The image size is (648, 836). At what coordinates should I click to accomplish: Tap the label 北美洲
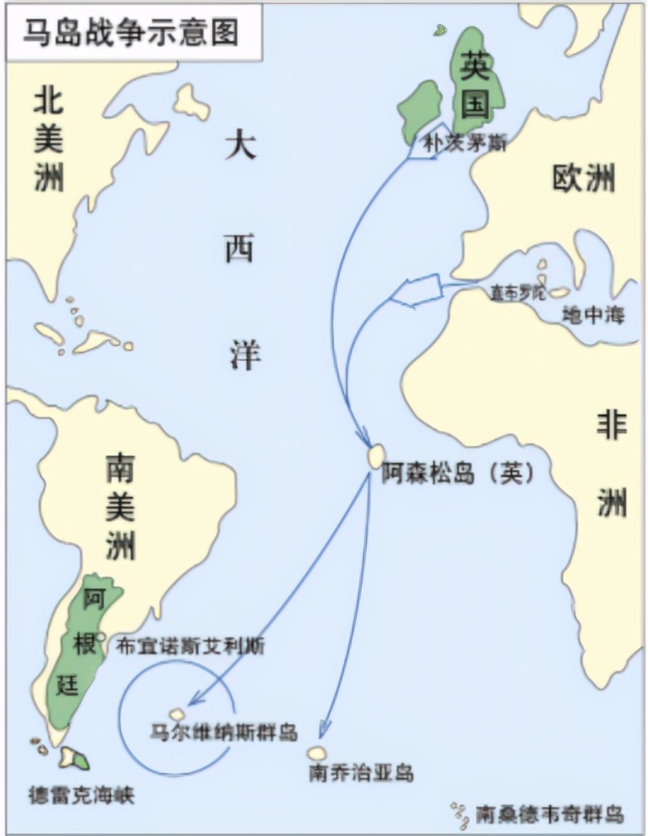pyautogui.click(x=48, y=141)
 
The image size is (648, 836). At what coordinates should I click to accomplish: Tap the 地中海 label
pyautogui.click(x=594, y=315)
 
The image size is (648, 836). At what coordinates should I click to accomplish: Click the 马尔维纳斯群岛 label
pyautogui.click(x=225, y=733)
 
